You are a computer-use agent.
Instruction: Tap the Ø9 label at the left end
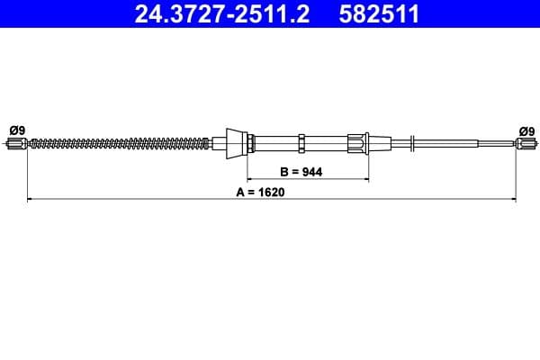coord(16,130)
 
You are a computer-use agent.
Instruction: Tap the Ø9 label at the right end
coord(526,130)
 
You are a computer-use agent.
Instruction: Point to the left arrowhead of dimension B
coord(251,178)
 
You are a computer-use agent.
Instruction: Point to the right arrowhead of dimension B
coord(366,178)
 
